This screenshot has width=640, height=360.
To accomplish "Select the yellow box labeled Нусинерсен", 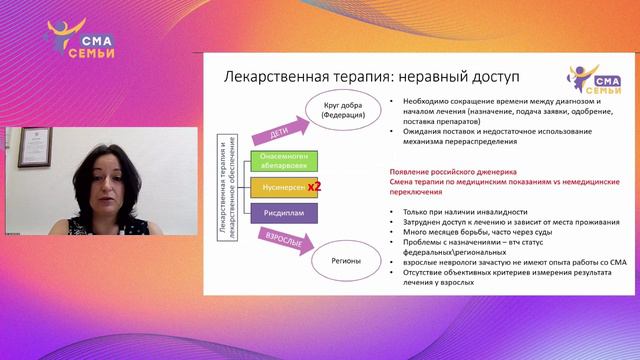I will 284,187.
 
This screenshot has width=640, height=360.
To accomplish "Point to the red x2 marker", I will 313,187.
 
